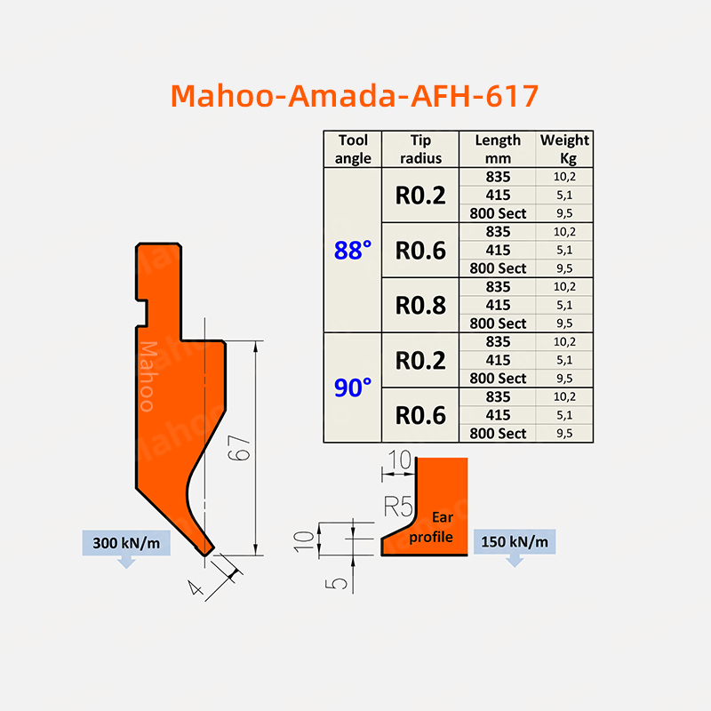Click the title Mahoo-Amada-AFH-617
pyautogui.click(x=355, y=95)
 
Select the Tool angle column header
pyautogui.click(x=353, y=148)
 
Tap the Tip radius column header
pyautogui.click(x=419, y=148)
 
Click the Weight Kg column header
pyautogui.click(x=564, y=148)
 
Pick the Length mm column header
pyautogui.click(x=498, y=148)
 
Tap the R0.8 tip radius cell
pyautogui.click(x=420, y=305)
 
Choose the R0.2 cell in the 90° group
pyautogui.click(x=420, y=360)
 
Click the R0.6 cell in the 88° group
pyautogui.click(x=420, y=251)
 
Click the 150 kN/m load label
pyautogui.click(x=515, y=542)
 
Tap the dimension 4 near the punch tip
pyautogui.click(x=197, y=586)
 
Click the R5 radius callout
pyautogui.click(x=398, y=507)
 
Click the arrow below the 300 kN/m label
pyautogui.click(x=125, y=562)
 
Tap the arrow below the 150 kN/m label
pyautogui.click(x=515, y=560)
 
